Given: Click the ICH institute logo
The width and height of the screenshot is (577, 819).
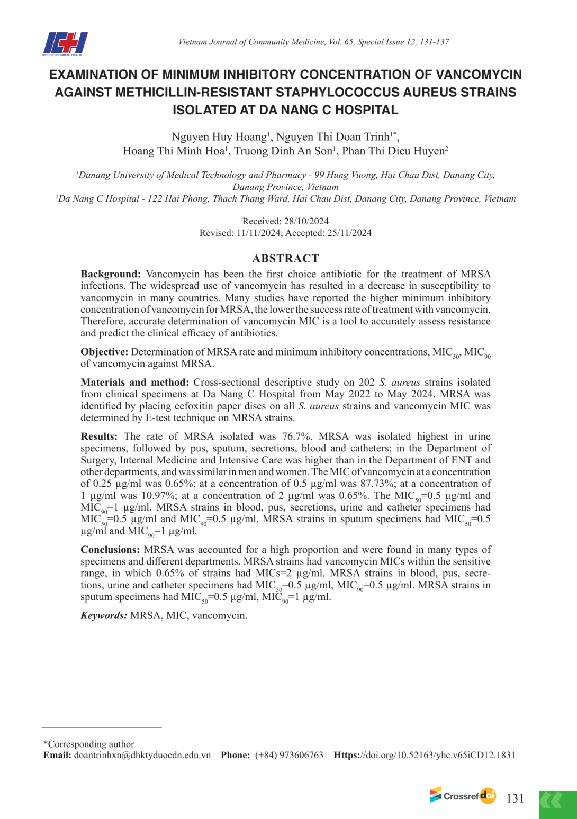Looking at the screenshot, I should pos(65,44).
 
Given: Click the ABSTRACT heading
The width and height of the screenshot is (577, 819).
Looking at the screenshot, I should pos(285,258).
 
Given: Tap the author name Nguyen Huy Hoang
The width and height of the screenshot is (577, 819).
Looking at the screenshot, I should pos(219,137).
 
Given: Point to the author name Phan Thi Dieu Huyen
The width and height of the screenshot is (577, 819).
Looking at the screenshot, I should pos(394,151).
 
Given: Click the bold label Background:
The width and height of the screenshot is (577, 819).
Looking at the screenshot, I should pos(111,274).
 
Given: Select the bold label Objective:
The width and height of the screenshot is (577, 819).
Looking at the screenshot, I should pos(104,352).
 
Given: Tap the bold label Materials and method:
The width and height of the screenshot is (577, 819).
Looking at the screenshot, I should pos(134,382).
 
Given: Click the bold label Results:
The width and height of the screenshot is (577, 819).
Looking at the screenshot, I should pos(99,436).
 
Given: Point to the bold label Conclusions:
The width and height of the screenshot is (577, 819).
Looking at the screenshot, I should pos(110,550).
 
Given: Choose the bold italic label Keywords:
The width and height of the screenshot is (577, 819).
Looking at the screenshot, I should pos(104,615).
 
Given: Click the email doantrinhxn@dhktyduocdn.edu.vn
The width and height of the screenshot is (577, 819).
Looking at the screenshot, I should pos(142,755).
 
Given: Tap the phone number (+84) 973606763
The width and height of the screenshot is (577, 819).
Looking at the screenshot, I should pos(289,755).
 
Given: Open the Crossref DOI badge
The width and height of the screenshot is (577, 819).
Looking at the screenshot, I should pos(463,795).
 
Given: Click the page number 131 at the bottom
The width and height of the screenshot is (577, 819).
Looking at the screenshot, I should pos(515,798).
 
